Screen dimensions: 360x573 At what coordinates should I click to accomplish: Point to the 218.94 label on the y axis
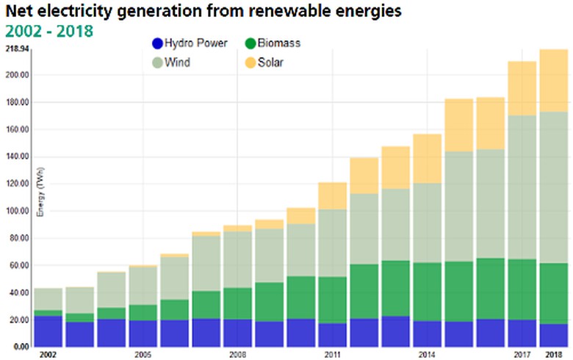pyautogui.click(x=17, y=48)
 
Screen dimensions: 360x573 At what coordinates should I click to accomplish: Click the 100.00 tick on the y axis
pyautogui.click(x=17, y=212)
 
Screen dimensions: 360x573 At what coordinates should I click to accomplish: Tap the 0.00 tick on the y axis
pyautogui.click(x=20, y=347)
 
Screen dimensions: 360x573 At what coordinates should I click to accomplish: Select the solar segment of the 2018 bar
pyautogui.click(x=553, y=81)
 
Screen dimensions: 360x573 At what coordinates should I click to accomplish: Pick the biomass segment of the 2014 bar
pyautogui.click(x=427, y=292)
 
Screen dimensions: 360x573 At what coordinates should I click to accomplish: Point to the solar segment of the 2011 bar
pyautogui.click(x=332, y=195)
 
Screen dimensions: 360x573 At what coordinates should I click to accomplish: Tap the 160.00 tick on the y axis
pyautogui.click(x=17, y=130)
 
